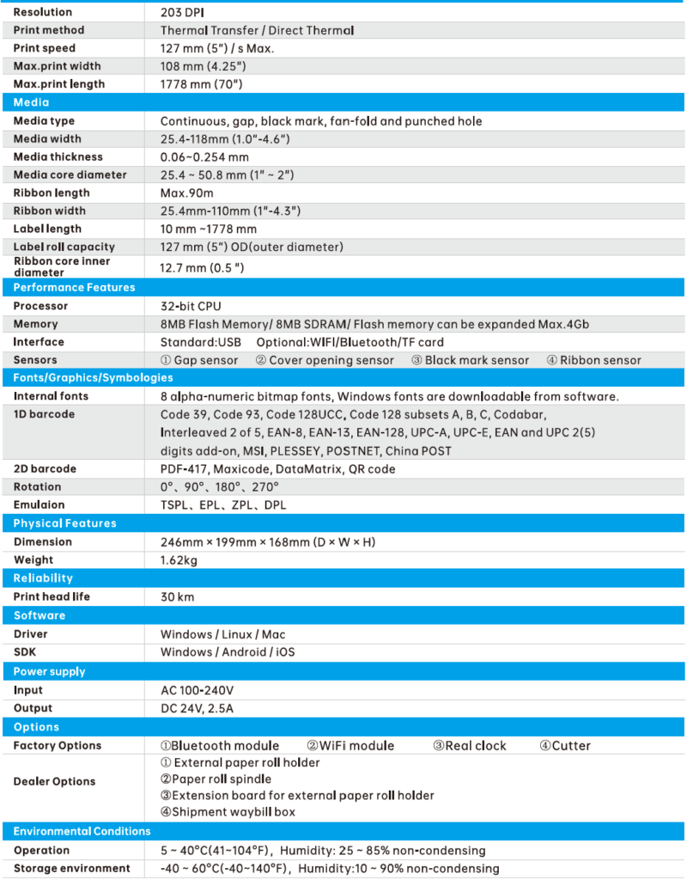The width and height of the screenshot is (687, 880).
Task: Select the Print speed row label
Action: pos(44,48)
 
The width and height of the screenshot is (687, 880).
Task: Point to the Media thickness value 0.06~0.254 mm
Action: pos(204,156)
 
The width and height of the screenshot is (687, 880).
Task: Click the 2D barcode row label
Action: pos(44,468)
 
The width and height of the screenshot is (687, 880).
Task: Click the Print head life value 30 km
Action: pos(177,596)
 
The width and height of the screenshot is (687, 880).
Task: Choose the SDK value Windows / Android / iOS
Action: pos(228,651)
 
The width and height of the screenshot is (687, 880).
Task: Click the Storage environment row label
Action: pos(71,868)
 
